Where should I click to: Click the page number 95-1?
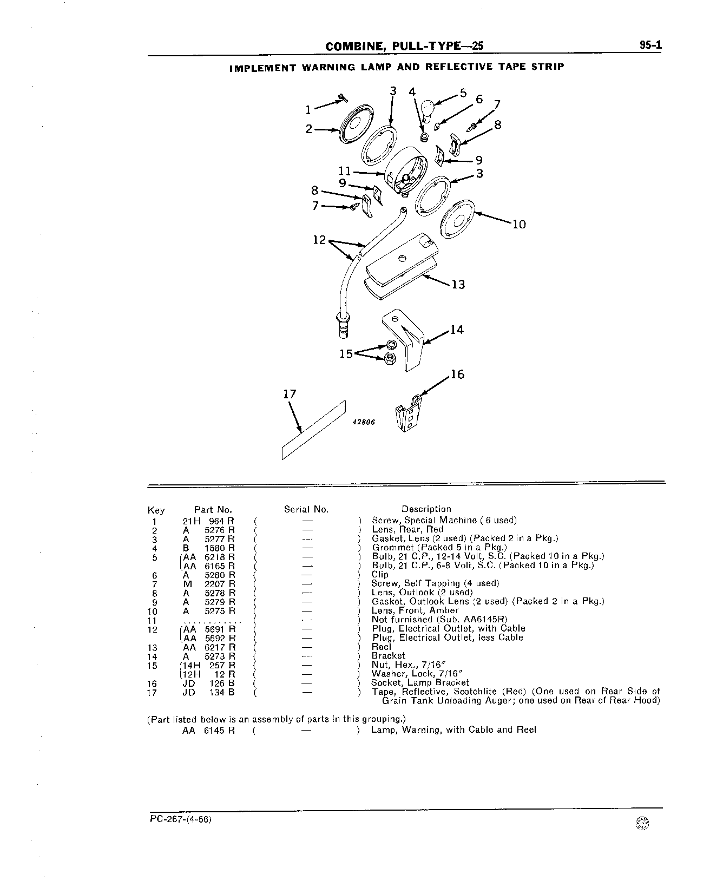click(x=650, y=46)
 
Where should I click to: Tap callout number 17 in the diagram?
click(x=290, y=394)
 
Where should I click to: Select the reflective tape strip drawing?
click(x=313, y=430)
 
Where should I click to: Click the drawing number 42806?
click(x=364, y=423)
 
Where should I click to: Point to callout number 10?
click(x=519, y=224)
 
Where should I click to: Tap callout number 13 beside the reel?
click(x=458, y=284)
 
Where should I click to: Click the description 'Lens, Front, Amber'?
click(x=415, y=610)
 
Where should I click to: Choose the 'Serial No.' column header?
click(x=306, y=509)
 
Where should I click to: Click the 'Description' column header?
click(x=426, y=509)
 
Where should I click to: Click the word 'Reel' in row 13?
click(x=381, y=647)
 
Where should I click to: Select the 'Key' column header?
click(x=156, y=510)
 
